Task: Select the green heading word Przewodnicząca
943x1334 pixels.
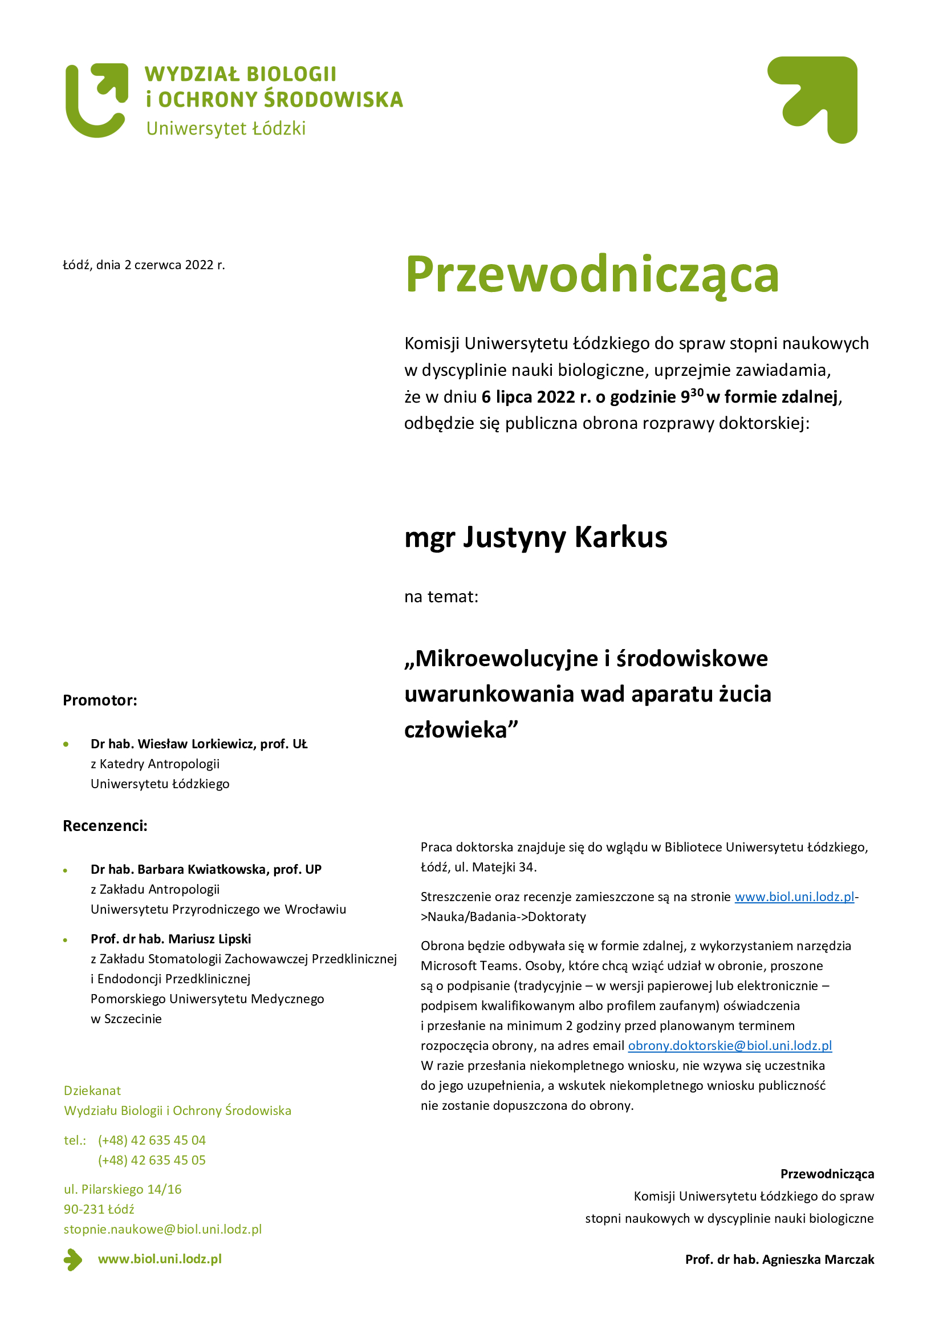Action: point(591,274)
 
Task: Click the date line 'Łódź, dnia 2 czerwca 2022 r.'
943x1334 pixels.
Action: point(144,265)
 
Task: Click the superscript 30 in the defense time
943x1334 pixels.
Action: point(697,392)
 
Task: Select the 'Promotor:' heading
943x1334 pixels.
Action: point(100,700)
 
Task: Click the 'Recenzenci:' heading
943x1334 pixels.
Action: point(105,826)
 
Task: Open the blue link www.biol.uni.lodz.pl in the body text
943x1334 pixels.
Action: point(794,897)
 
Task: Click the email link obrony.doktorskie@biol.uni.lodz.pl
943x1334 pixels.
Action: point(730,1045)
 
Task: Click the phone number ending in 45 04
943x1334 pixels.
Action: point(152,1140)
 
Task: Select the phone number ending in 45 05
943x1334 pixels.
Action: point(152,1159)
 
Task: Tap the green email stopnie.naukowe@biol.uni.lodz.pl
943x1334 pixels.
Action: point(162,1229)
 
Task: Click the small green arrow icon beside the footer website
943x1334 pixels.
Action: point(72,1260)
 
